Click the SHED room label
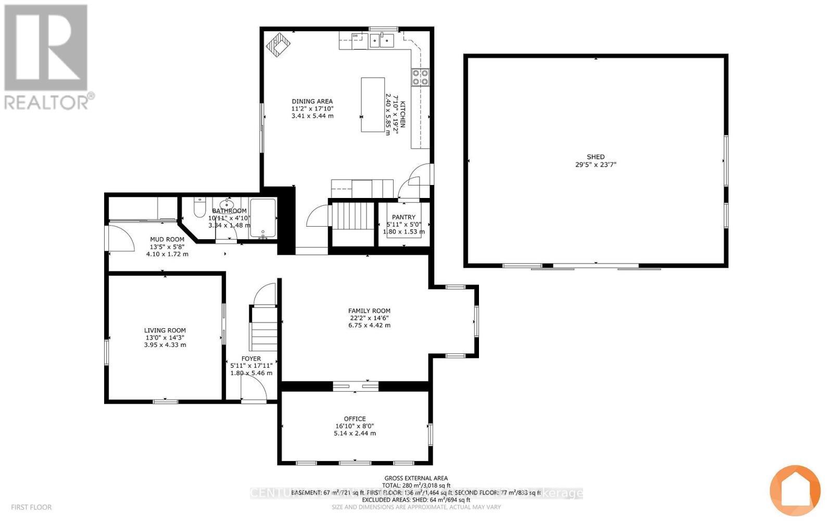click(596, 157)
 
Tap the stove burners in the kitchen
click(421, 77)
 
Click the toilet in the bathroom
click(199, 208)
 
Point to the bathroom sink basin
click(226, 204)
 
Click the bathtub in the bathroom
click(263, 218)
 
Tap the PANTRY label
click(404, 217)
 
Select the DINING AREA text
click(312, 102)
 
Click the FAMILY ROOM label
click(369, 311)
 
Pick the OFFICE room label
click(355, 419)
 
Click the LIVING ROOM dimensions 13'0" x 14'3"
click(165, 338)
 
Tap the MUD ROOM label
click(167, 240)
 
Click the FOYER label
click(251, 358)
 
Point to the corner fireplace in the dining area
click(279, 45)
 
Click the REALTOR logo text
click(49, 102)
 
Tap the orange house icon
click(795, 490)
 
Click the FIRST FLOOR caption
click(31, 507)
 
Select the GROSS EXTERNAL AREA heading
click(416, 478)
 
